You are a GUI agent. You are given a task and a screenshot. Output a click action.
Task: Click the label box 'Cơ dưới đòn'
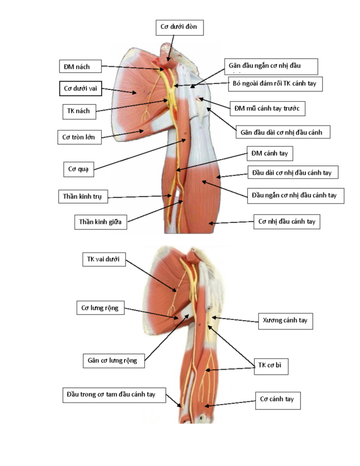pos(180,28)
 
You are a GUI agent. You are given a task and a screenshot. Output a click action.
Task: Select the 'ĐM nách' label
pos(80,66)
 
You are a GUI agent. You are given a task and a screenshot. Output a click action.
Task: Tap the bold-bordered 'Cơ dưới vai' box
pos(81,89)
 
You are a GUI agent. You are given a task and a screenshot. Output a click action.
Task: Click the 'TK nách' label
pos(79,111)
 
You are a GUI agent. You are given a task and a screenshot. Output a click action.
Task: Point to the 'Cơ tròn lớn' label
pos(79,137)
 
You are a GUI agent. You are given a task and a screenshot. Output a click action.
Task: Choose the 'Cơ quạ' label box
pos(78,169)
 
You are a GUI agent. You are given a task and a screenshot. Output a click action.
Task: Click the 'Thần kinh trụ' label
pos(83,197)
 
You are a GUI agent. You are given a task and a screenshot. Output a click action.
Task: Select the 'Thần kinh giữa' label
pos(101,222)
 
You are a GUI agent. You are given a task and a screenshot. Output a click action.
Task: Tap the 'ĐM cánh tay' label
pos(269,153)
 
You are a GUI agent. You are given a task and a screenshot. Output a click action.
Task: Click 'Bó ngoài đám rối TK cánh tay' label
pos(275,84)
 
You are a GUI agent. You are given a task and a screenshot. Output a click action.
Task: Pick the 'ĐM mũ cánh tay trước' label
pos(268,108)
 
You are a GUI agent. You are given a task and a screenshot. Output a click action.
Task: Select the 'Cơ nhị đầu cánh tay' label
pos(287,222)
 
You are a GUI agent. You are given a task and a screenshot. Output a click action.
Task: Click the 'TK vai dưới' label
pos(104,259)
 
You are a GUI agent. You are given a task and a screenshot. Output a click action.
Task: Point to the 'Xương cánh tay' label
pos(285,321)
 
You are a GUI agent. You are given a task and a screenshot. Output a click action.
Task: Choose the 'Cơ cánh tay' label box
pos(278,400)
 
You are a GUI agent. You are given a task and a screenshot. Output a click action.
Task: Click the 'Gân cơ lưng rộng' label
pos(114,361)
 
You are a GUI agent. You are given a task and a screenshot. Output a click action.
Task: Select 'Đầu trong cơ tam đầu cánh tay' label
pos(114,395)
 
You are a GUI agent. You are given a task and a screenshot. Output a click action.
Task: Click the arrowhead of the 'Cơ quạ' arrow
pos(185,140)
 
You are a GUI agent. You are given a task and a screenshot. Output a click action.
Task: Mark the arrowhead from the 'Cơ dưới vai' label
pos(135,93)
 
